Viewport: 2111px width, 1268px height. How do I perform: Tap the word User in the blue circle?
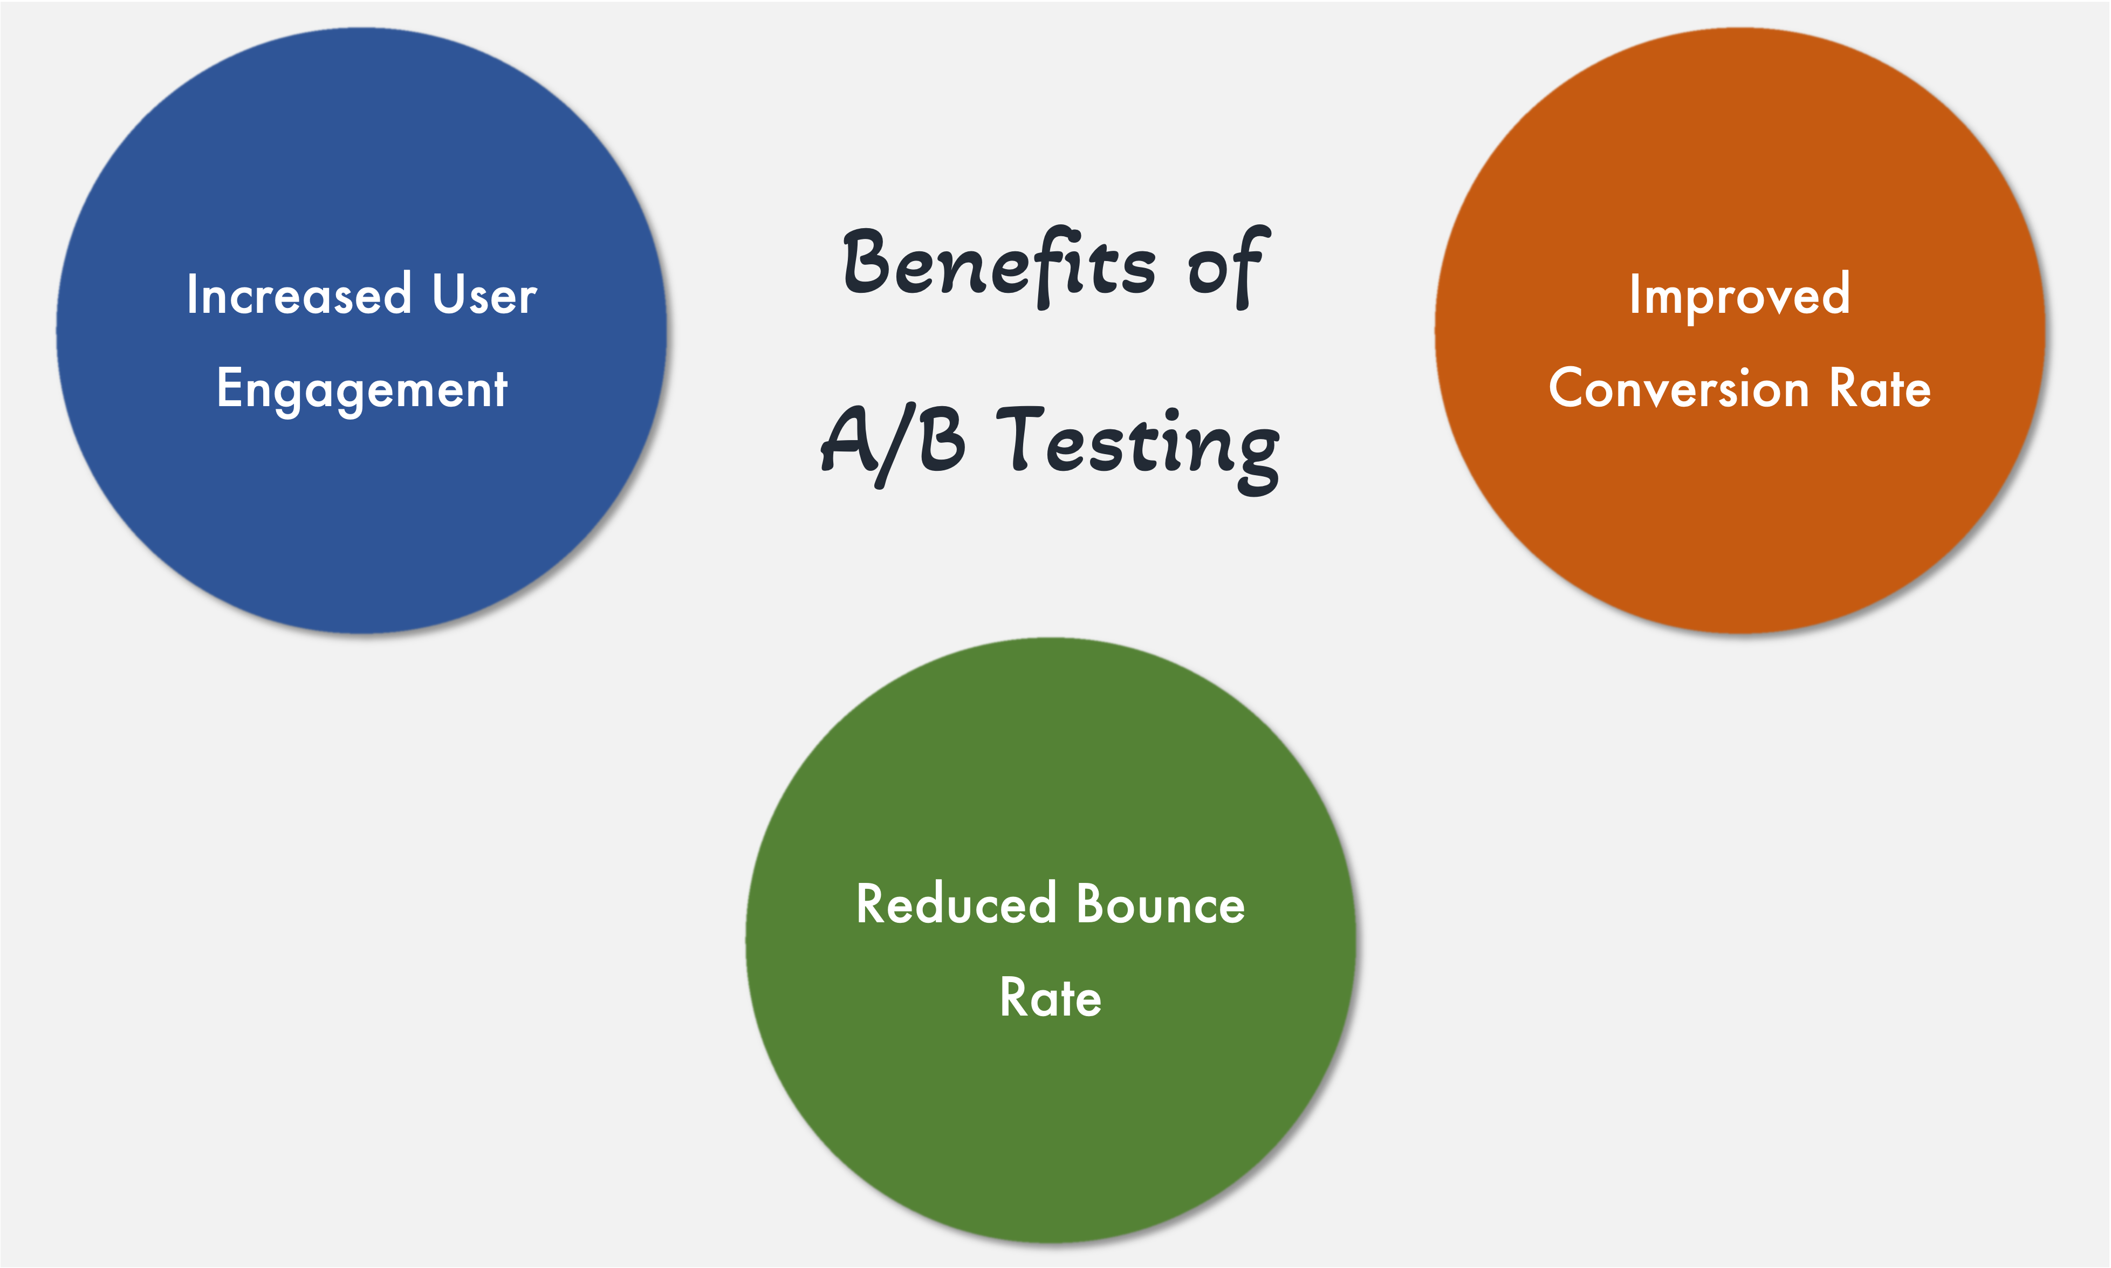(484, 296)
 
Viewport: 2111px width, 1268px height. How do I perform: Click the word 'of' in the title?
(1227, 266)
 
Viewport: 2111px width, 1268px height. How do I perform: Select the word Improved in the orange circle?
(1739, 296)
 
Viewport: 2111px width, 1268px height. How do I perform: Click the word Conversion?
(1679, 389)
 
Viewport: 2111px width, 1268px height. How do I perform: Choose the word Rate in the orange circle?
(1880, 389)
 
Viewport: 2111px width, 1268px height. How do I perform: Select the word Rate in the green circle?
(1051, 997)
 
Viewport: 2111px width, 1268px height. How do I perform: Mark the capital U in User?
(448, 295)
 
